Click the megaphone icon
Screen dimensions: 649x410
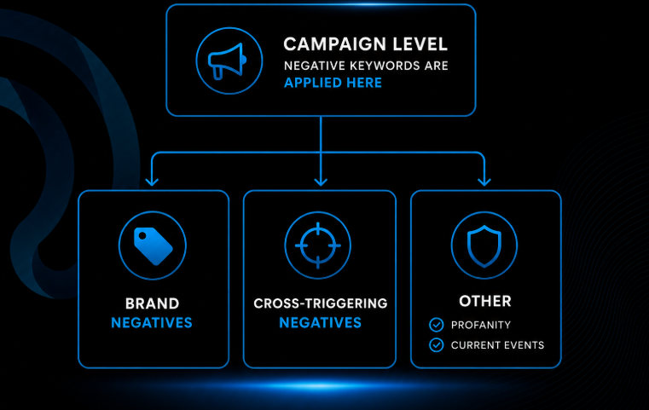(227, 61)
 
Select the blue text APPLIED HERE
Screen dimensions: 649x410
(333, 83)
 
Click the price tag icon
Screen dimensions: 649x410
(153, 245)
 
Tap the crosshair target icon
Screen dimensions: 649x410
(318, 245)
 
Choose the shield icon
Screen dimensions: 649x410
(484, 246)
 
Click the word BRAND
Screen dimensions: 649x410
(153, 303)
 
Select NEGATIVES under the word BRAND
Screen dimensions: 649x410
(152, 323)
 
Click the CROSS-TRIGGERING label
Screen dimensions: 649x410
(321, 303)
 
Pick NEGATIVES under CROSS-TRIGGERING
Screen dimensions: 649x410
(320, 323)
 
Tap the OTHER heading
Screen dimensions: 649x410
(485, 301)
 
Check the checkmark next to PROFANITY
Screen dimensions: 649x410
(437, 325)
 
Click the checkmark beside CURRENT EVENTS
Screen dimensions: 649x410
(437, 344)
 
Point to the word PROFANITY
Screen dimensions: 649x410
(480, 325)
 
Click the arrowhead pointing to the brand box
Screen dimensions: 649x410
(152, 182)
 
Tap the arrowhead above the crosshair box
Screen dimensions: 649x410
(321, 182)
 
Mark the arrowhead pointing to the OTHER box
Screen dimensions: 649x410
(484, 182)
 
